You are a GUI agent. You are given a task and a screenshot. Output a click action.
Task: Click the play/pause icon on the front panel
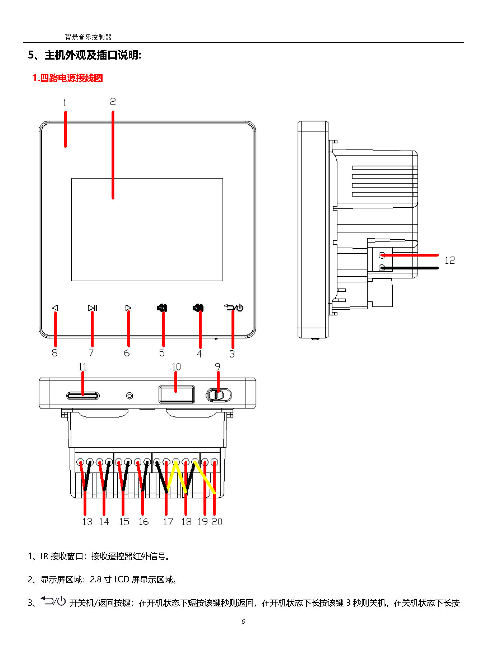pos(93,308)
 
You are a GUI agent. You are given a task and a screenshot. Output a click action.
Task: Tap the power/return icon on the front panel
pos(234,308)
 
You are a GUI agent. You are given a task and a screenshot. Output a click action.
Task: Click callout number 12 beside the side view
pos(449,260)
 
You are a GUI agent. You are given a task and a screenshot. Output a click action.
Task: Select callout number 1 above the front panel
pos(65,103)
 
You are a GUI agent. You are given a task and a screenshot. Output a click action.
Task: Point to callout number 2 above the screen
pos(113,102)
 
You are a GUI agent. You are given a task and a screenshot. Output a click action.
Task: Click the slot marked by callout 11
pos(83,396)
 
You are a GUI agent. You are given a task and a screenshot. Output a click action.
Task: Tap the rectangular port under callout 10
pos(177,394)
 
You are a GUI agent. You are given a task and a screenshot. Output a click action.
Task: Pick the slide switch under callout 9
pos(218,395)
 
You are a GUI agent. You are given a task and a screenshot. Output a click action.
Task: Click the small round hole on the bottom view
pos(130,396)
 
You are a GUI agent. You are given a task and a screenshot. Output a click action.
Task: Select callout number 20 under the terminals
pos(217,521)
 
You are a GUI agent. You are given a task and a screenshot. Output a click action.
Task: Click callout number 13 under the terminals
pos(87,521)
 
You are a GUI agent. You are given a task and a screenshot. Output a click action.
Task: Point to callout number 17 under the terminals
pos(168,521)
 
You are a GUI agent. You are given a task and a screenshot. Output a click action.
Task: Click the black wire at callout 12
pos(412,268)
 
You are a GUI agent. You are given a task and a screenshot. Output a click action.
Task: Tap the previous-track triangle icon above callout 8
pos(55,308)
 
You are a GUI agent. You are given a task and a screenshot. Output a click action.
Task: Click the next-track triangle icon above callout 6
pos(128,308)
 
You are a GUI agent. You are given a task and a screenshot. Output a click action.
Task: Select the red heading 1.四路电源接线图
pos(67,78)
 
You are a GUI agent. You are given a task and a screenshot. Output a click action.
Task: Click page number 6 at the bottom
pos(243,621)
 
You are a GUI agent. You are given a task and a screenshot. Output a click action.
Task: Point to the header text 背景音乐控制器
pos(88,37)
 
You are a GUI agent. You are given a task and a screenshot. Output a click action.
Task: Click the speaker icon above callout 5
pos(162,308)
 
